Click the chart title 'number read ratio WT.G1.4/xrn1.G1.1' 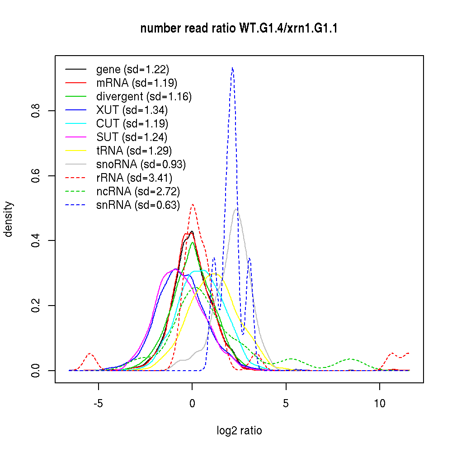(239, 29)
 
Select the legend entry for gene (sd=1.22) (132, 70)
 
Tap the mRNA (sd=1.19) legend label (137, 83)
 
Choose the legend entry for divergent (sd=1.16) (144, 97)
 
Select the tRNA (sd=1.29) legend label (134, 151)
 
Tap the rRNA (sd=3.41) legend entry (134, 178)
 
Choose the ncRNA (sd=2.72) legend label (138, 192)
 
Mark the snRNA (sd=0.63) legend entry (138, 205)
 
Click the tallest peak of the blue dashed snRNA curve (232, 68)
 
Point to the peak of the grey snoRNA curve (236, 208)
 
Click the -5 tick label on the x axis (98, 403)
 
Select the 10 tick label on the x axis (380, 403)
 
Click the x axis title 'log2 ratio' (239, 431)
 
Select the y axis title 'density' (9, 219)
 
